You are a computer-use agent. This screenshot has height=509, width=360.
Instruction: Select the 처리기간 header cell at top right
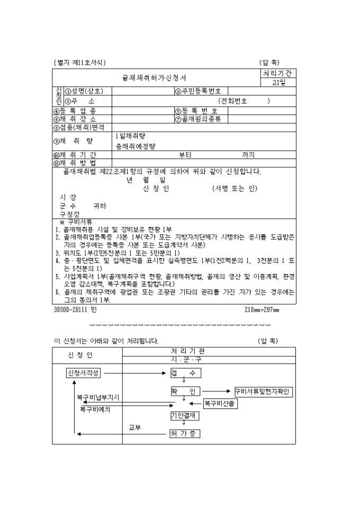(278, 73)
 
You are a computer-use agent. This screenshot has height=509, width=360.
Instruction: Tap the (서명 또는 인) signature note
(234, 188)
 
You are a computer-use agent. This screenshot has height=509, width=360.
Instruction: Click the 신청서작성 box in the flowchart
(82, 372)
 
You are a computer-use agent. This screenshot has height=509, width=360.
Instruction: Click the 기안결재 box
(185, 416)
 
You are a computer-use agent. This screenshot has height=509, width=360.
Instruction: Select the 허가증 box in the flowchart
(185, 434)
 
